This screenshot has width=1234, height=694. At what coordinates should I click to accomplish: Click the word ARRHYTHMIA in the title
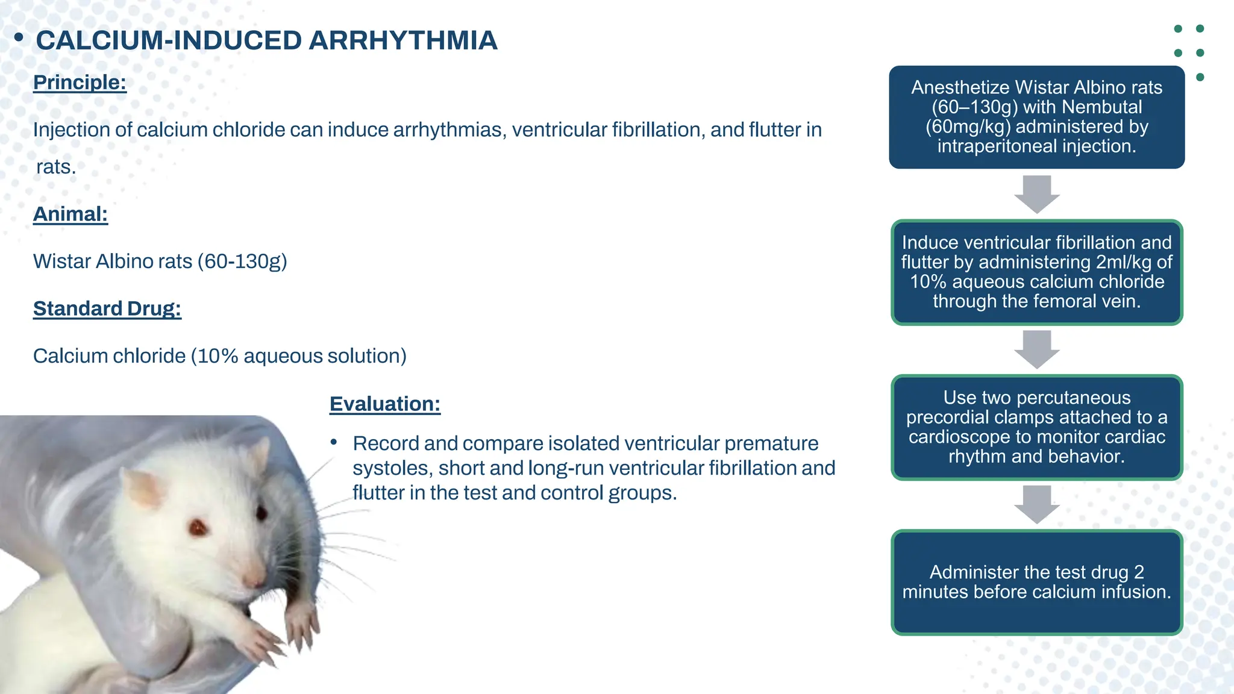402,40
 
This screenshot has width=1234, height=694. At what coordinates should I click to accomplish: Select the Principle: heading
80,82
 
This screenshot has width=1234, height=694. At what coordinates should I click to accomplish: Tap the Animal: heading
70,214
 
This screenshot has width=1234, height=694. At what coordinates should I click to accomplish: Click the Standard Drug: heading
107,308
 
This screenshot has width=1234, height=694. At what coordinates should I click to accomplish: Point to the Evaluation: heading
384,404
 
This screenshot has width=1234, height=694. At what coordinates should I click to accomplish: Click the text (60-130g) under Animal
242,261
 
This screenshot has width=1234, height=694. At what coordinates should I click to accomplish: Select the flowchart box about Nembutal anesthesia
1036,117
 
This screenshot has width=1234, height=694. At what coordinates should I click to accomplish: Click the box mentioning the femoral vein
1036,272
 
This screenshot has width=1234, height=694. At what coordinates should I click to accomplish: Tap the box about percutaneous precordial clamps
1036,427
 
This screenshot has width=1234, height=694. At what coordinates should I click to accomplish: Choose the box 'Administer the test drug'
1036,582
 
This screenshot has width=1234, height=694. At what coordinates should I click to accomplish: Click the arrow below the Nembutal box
1036,194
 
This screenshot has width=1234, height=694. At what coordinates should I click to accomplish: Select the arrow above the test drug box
1036,504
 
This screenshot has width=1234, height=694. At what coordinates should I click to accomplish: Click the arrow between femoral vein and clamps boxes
1036,349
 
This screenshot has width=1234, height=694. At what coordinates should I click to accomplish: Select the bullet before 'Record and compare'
334,443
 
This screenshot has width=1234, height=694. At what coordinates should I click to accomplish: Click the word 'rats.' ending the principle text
56,167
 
